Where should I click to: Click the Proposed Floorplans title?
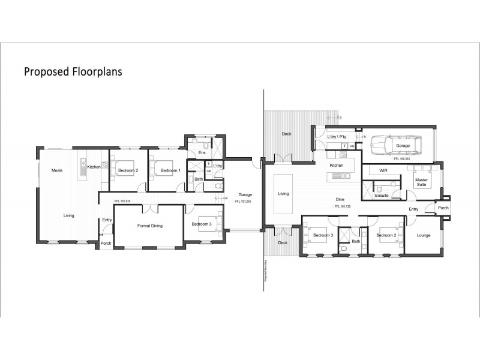pos(73,72)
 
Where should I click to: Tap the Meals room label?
pos(58,170)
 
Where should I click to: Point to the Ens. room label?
pos(202,154)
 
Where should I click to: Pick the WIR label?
pos(385,170)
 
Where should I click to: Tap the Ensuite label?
pos(382,196)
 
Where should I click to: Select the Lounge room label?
pos(424,235)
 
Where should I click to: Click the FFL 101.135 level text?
pos(343,206)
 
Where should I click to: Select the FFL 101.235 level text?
pos(242,202)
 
